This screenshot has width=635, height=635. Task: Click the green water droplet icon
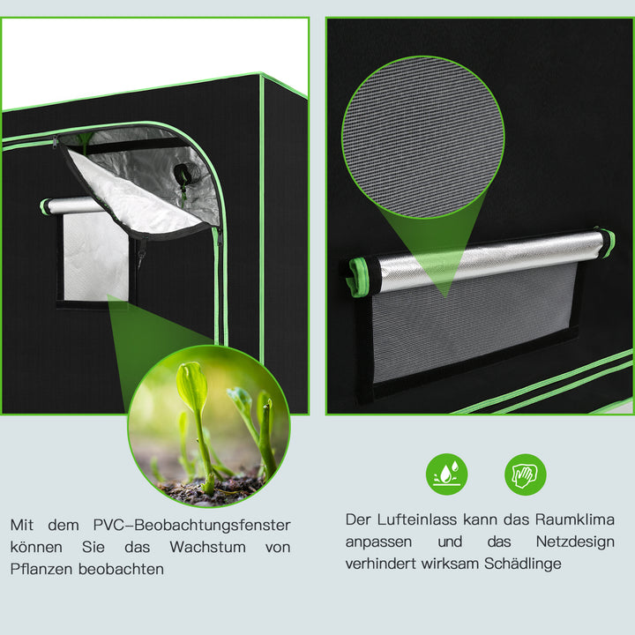pos(446,474)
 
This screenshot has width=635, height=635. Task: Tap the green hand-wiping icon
pos(525,474)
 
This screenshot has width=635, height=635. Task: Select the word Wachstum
pos(208,547)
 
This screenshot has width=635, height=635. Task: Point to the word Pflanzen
pos(42,569)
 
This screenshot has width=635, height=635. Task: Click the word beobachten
pos(121,569)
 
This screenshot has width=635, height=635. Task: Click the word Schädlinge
pos(520,563)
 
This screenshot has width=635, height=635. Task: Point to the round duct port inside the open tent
pos(182,174)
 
